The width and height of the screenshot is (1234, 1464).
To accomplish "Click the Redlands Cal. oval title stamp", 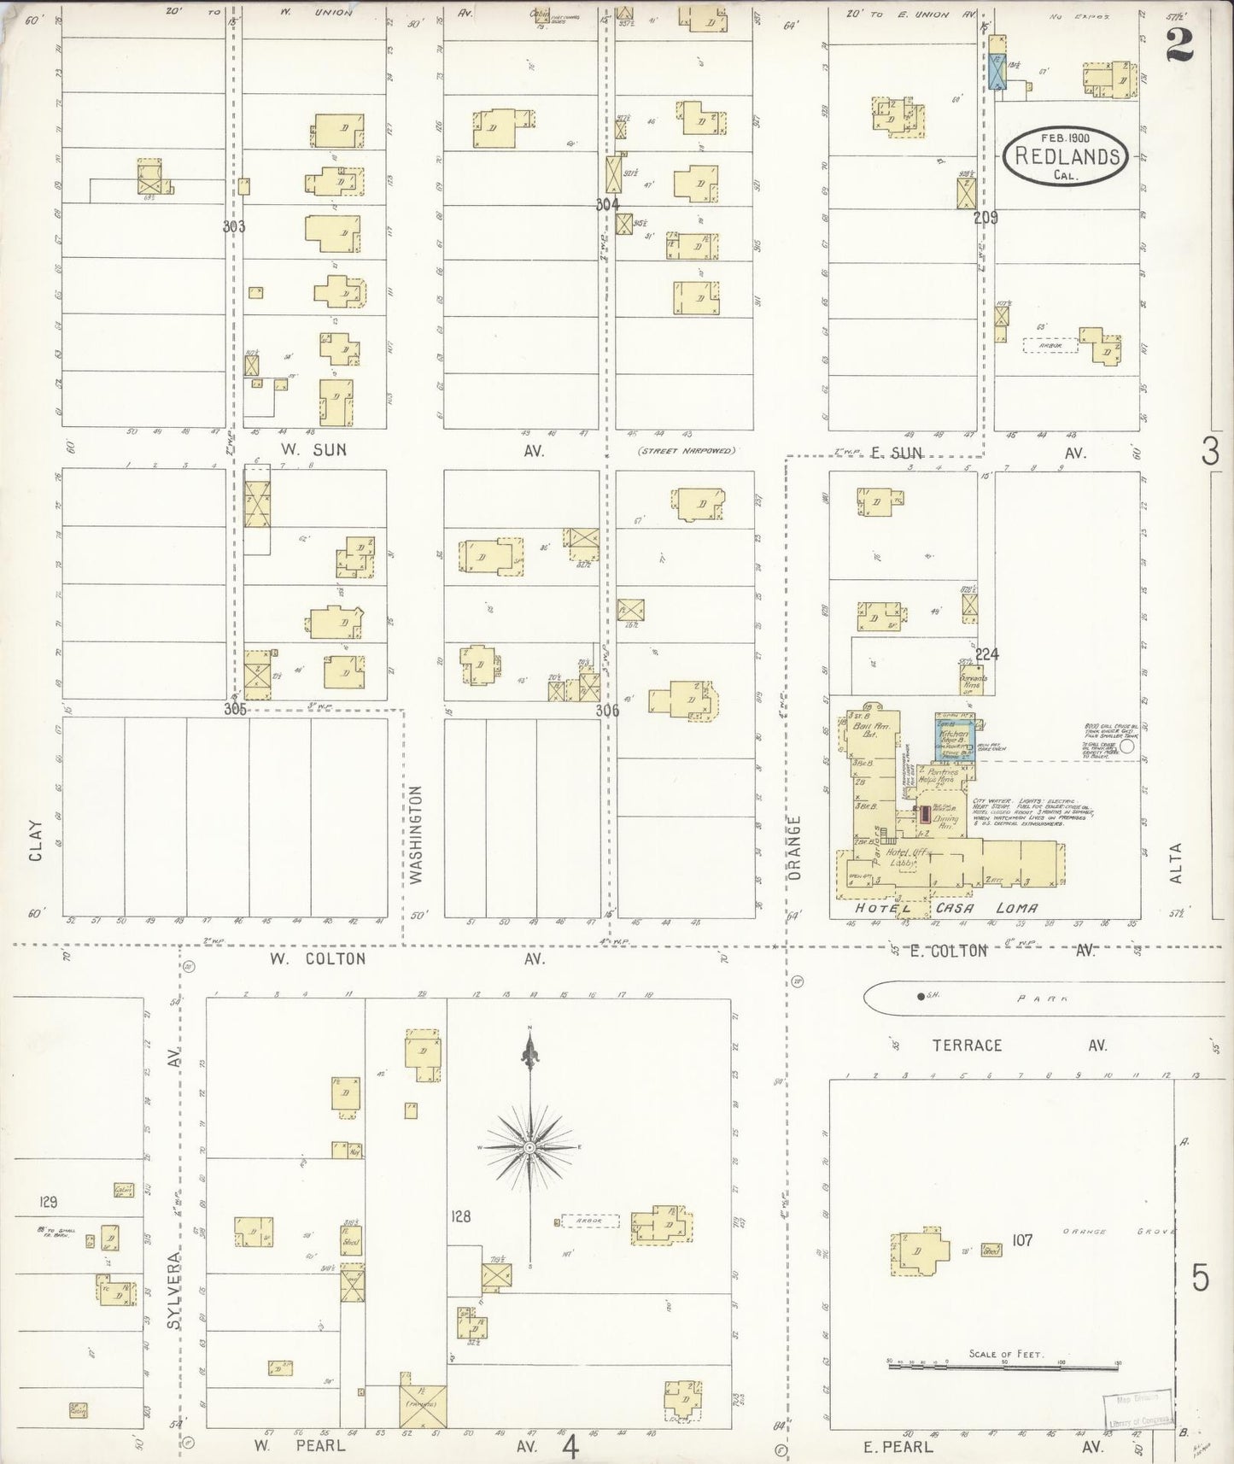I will [x=1063, y=156].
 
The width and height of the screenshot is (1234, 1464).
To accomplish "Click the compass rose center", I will [x=530, y=1146].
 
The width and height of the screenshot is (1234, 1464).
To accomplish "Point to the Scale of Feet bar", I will [x=1003, y=1367].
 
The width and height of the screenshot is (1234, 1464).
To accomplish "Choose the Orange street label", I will [x=795, y=847].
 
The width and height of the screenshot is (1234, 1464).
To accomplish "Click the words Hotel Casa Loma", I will [x=944, y=908].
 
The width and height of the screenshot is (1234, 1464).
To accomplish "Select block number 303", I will [x=233, y=226].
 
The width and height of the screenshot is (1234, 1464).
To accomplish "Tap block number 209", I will [x=985, y=218].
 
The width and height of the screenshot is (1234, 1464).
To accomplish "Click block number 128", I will [x=460, y=1216].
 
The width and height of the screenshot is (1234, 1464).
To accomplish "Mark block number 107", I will [x=1022, y=1239].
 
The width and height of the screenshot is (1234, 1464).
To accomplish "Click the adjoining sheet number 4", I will [x=570, y=1448].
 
